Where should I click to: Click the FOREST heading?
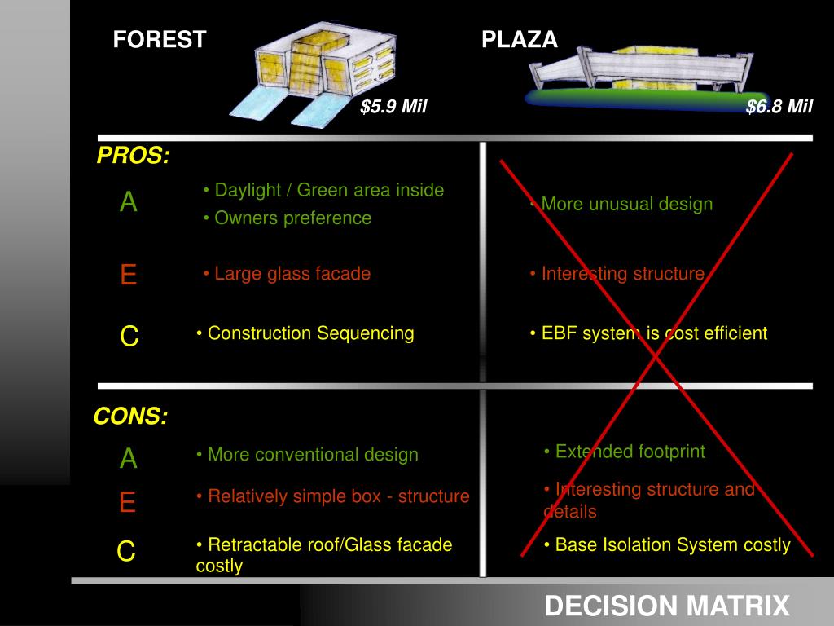tap(160, 39)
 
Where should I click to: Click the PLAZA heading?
tap(520, 39)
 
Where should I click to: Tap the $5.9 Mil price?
tap(394, 107)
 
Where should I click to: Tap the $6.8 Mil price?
tap(779, 107)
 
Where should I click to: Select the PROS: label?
tap(134, 156)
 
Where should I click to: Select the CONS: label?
tap(131, 417)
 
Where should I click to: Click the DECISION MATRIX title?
tap(667, 606)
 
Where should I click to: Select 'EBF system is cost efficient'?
tap(648, 333)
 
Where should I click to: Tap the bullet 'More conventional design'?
tap(308, 455)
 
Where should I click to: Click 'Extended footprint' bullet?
tap(625, 452)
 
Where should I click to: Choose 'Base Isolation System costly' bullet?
tap(667, 545)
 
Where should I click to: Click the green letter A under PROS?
tap(129, 203)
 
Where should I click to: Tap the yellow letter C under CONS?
tap(126, 553)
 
